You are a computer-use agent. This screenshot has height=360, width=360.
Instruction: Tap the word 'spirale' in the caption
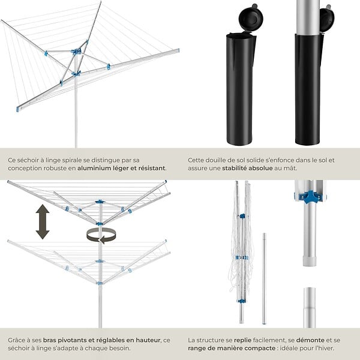tap(68, 160)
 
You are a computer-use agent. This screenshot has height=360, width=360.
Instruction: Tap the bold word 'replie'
tap(242, 340)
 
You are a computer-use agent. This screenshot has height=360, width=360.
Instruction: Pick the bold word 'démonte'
tap(310, 340)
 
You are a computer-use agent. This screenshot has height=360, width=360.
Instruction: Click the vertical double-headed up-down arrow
tap(43, 222)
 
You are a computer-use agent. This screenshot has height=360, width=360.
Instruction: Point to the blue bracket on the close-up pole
tap(310, 197)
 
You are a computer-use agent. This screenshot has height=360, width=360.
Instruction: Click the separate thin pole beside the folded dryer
tap(264, 278)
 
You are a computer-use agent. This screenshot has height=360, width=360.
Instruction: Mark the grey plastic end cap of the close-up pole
tap(310, 261)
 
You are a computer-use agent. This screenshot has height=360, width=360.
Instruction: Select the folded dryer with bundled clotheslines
tap(241, 252)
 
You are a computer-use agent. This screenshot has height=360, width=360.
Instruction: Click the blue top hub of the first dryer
tap(76, 51)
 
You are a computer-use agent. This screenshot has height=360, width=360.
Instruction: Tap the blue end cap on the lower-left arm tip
tap(18, 109)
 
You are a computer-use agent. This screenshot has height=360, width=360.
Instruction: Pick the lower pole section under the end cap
tap(309, 308)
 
